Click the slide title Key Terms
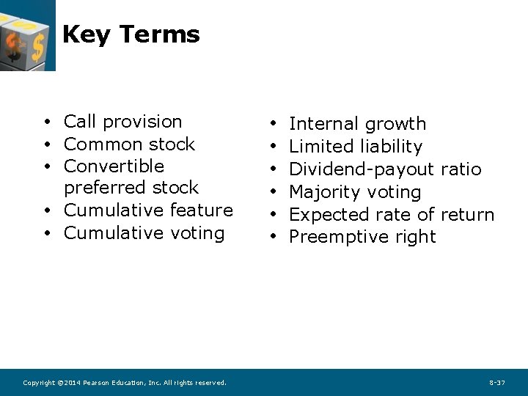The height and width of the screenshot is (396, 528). (x=131, y=34)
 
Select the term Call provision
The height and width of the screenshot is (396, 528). (x=122, y=122)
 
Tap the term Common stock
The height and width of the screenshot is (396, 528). (x=129, y=144)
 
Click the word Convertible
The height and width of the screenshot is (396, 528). (x=114, y=166)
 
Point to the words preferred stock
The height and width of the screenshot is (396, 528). (x=131, y=188)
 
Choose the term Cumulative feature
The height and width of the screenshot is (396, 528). (x=148, y=210)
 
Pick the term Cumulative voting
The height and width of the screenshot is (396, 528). (x=144, y=233)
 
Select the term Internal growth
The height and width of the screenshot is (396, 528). (x=357, y=124)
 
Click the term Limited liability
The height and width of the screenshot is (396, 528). (x=356, y=147)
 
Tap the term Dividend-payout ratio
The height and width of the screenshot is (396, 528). (x=385, y=169)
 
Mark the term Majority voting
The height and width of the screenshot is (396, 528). (x=355, y=192)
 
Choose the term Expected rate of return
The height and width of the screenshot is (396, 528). (x=392, y=215)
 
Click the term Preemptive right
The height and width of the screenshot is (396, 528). (x=362, y=237)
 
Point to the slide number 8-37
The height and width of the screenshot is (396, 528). (x=496, y=383)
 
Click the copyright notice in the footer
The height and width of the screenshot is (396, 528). (x=125, y=383)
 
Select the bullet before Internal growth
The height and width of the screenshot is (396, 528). (x=272, y=125)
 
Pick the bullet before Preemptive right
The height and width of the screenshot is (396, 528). (x=272, y=238)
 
